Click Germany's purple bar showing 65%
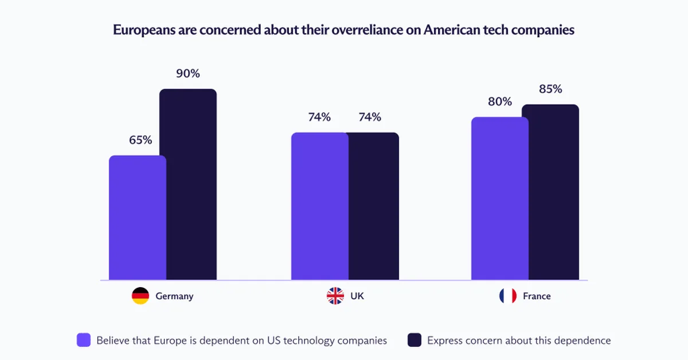(138, 218)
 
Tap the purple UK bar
(319, 206)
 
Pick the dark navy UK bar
(373, 206)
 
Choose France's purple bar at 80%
(500, 198)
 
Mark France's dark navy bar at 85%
(550, 192)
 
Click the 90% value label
(188, 74)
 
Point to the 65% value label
(140, 140)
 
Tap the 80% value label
(500, 101)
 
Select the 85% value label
(550, 89)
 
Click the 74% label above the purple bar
(319, 117)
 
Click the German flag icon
(140, 296)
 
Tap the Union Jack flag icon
(335, 296)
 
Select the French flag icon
(508, 296)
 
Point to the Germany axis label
(174, 296)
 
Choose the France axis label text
(537, 296)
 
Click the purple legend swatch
(84, 340)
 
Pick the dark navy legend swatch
(415, 340)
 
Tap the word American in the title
(451, 30)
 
